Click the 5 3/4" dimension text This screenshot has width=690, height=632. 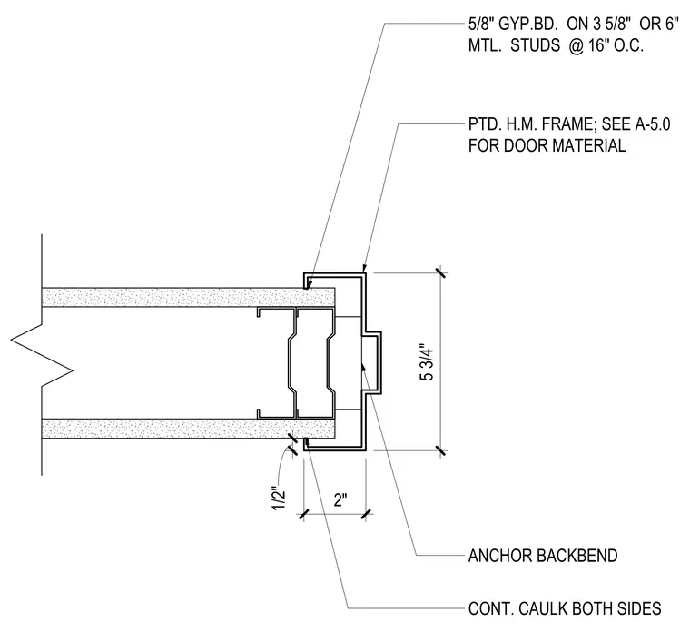428,361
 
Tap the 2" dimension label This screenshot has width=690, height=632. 340,500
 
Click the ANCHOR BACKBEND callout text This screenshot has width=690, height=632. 543,556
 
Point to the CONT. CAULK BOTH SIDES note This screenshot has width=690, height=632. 565,608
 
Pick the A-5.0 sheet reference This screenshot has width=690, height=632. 653,124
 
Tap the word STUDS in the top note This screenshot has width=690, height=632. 535,45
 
